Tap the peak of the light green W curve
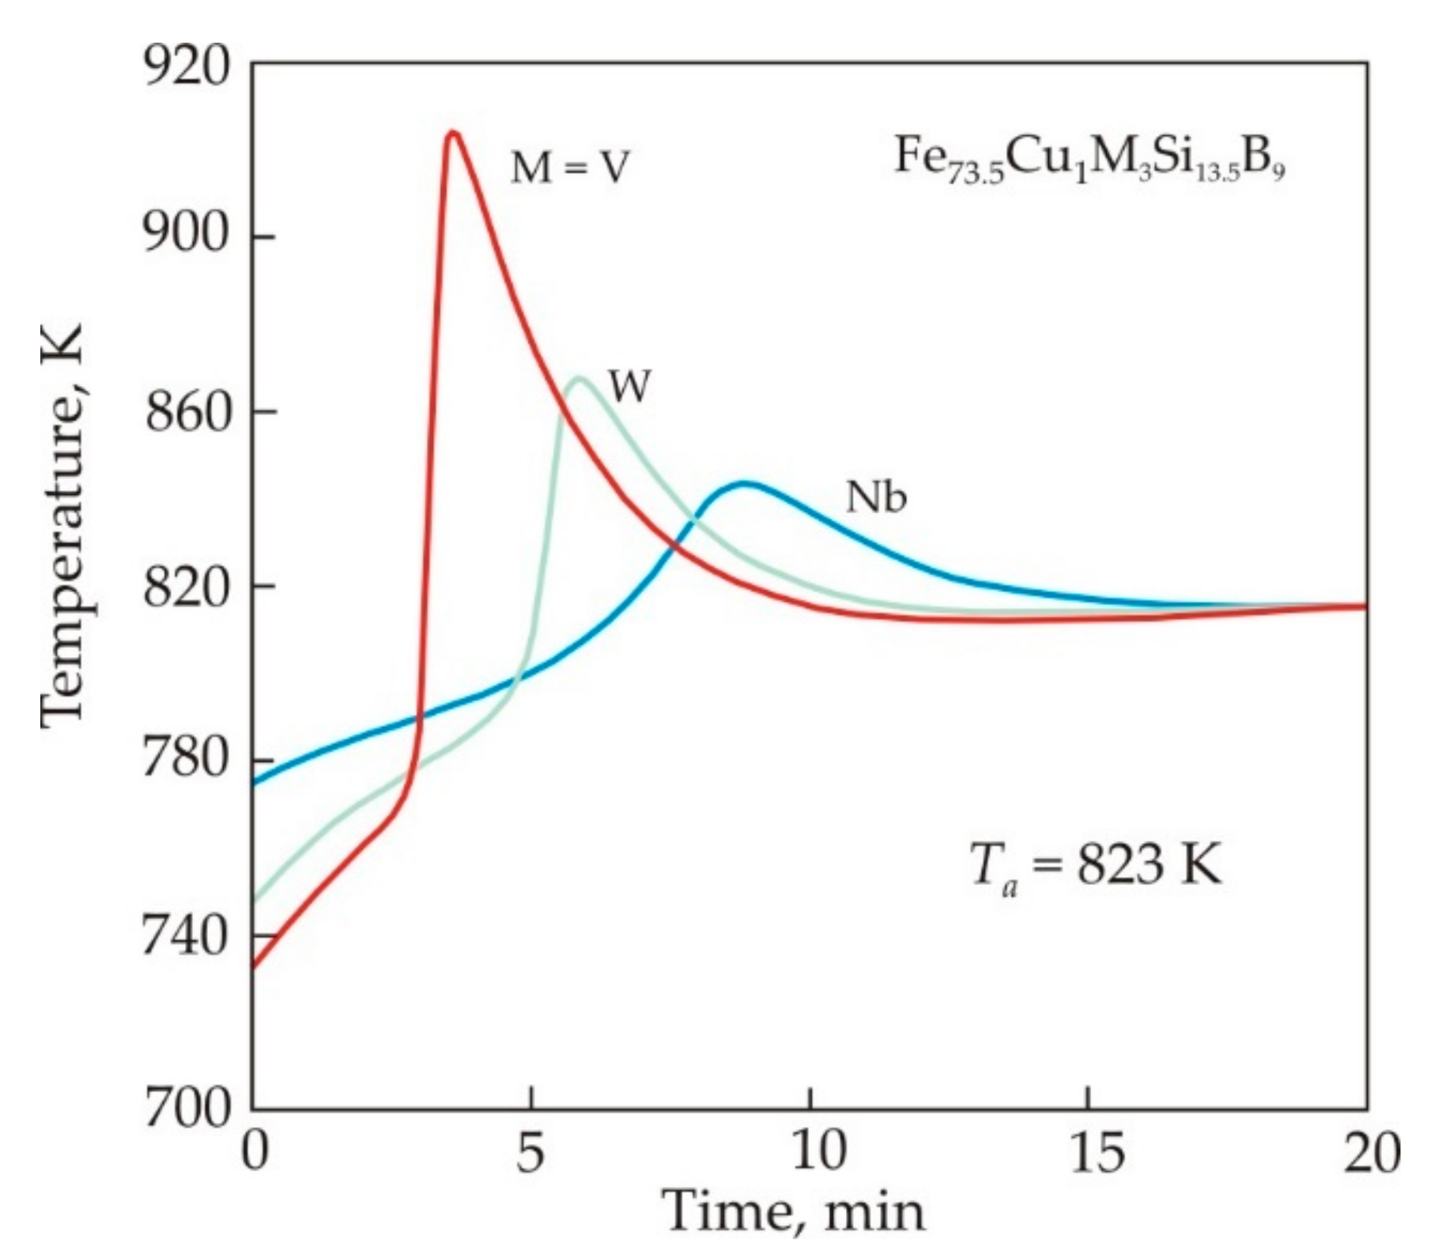click(579, 379)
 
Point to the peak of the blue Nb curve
click(744, 482)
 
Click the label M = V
click(570, 168)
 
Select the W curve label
click(629, 387)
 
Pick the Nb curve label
click(876, 497)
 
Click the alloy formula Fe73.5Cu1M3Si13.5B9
click(1089, 158)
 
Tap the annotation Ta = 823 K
click(1095, 865)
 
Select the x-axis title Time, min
click(795, 1211)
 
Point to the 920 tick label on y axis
click(187, 66)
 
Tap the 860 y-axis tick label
click(187, 412)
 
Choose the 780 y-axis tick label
click(187, 760)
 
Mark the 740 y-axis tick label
click(187, 937)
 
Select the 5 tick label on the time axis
click(530, 1152)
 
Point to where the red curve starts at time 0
click(254, 966)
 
